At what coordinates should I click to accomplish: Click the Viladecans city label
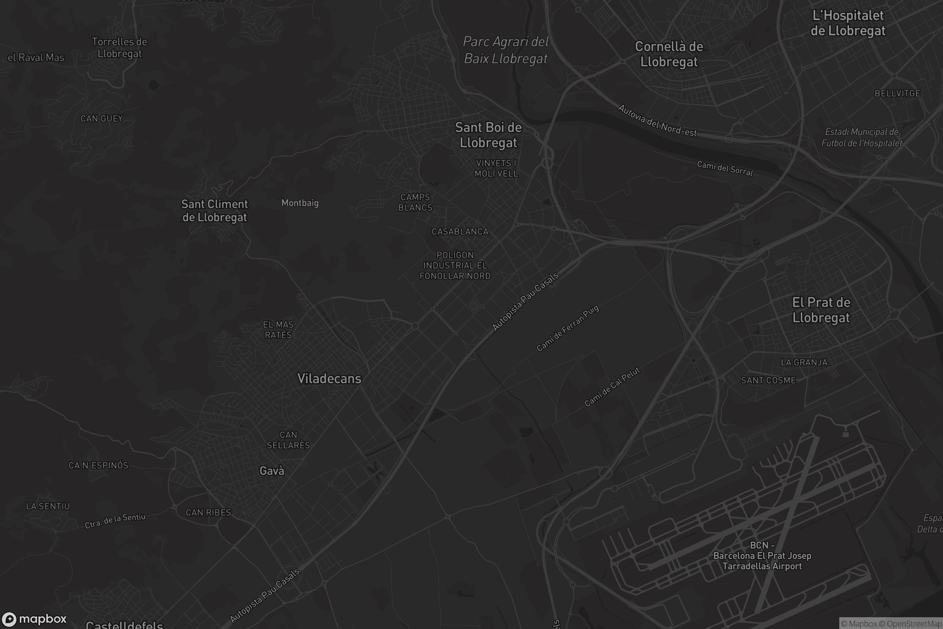coord(329,378)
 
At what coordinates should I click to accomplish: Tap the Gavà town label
coord(272,471)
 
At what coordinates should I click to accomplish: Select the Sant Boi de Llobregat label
coord(488,135)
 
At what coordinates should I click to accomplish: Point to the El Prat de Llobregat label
coord(821,310)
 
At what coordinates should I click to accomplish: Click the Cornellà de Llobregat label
coord(669,54)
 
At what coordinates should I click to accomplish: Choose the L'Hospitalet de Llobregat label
coord(848,23)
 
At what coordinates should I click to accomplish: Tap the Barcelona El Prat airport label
coord(762,555)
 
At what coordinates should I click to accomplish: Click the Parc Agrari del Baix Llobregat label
coord(506,50)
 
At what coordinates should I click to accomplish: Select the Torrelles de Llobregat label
coord(119,47)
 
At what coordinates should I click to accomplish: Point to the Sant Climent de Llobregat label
coord(215,210)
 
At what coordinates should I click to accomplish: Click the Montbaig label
coord(300,203)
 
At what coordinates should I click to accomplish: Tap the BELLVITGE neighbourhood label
coord(897,94)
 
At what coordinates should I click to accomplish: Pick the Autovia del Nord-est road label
coord(657,120)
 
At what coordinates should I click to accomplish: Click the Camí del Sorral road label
coord(725,169)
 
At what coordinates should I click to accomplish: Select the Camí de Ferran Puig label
coord(568,328)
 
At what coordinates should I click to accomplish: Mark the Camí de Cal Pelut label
coord(612,387)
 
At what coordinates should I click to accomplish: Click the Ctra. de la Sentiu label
coord(115,520)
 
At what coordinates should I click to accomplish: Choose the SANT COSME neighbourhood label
coord(768,380)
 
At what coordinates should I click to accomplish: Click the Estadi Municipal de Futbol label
coord(862,137)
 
